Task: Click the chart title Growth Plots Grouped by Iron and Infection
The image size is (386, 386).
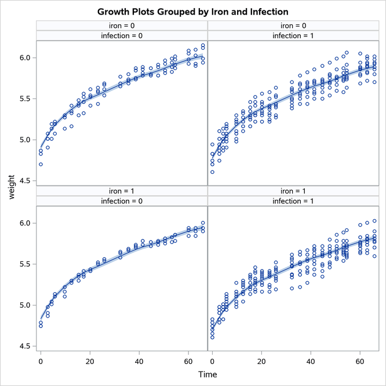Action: click(193, 12)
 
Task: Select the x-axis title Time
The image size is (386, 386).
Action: click(208, 374)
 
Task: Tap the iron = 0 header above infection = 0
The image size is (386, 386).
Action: click(122, 25)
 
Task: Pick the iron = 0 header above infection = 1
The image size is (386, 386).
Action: click(293, 25)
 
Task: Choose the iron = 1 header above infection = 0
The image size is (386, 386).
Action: click(122, 191)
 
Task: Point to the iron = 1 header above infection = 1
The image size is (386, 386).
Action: click(293, 191)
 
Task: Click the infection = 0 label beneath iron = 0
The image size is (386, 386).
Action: click(122, 36)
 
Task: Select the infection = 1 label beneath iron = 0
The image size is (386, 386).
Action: click(293, 36)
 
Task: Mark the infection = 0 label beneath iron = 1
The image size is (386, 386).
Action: click(122, 201)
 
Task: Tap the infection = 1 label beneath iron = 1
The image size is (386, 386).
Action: click(293, 201)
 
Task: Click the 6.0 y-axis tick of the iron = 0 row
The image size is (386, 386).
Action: click(25, 58)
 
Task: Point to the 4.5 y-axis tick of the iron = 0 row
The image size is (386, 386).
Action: click(25, 181)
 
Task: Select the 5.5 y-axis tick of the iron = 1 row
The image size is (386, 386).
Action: click(25, 264)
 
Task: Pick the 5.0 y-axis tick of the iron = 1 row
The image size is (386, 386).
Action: click(25, 305)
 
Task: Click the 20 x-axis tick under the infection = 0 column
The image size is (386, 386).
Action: click(90, 362)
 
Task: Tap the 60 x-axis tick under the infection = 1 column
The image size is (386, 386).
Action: click(360, 362)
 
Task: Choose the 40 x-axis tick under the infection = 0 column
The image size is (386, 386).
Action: click(139, 362)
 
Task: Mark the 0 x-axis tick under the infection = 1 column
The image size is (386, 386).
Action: click(212, 362)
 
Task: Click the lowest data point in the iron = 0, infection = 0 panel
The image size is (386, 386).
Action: click(41, 165)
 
